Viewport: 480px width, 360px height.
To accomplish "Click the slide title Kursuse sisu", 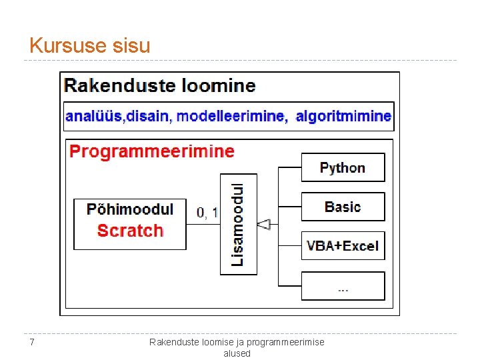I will point(90,46).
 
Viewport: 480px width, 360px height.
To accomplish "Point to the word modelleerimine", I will point(230,116).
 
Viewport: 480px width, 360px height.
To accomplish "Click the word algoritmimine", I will point(343,116).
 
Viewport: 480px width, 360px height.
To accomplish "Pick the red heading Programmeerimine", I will point(152,151).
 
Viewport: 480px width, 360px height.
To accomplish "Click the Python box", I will point(343,167).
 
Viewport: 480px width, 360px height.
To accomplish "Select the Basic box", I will point(343,207).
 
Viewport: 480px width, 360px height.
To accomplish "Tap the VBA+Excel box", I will point(343,246).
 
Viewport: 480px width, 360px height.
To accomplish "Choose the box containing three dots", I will point(343,286).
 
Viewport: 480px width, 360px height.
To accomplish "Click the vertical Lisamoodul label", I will point(237,224).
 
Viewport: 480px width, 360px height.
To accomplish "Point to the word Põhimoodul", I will point(130,209).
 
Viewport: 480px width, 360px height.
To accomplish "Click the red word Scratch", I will point(130,231).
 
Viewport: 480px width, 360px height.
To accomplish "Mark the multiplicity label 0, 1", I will point(207,213).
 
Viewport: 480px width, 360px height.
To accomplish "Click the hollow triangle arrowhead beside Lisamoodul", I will point(264,225).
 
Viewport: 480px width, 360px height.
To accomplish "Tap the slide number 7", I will point(31,343).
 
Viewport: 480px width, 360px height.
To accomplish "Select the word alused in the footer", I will point(237,353).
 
